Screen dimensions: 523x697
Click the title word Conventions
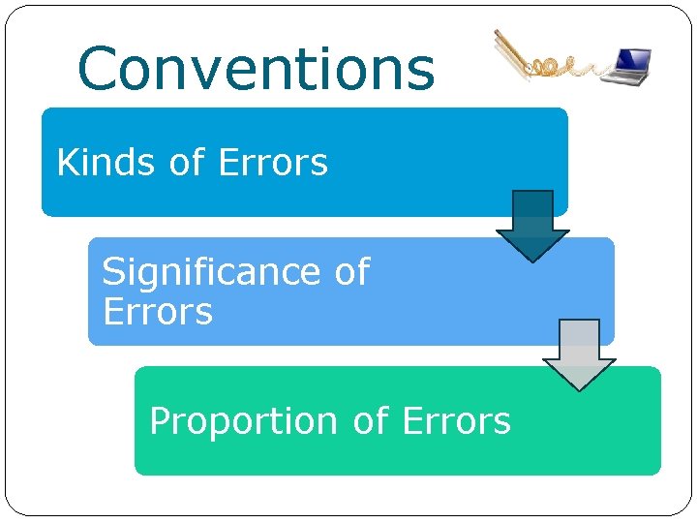click(x=256, y=70)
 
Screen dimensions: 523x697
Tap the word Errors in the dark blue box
click(x=274, y=163)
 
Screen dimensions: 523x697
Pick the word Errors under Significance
click(x=157, y=312)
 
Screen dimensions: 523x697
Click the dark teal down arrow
click(x=532, y=226)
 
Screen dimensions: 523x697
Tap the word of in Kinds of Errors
click(x=187, y=163)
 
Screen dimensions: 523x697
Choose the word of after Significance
click(x=351, y=272)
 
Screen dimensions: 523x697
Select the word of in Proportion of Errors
click(x=371, y=421)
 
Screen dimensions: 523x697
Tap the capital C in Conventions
click(x=100, y=70)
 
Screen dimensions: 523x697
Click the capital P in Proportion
click(x=161, y=421)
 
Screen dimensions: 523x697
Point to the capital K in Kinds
click(x=68, y=163)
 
